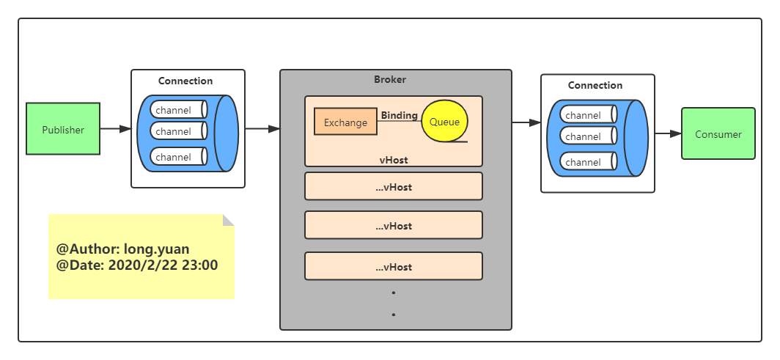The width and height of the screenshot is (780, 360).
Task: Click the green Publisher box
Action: coord(63,129)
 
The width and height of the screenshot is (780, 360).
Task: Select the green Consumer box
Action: coord(718,133)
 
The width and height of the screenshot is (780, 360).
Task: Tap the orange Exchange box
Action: coord(345,122)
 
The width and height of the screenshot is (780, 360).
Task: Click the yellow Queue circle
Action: coord(444,121)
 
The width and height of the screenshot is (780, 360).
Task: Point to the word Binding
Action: coord(399,115)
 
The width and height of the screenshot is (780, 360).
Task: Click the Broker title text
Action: coord(389,79)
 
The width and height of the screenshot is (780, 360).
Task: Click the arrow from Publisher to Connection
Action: coord(115,129)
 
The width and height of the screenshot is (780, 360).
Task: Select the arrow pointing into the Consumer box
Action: coord(668,133)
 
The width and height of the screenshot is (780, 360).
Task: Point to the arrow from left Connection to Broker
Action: coord(262,129)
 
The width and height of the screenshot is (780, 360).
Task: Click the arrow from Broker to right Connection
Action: coord(526,123)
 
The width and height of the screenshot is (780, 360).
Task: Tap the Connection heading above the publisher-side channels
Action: coord(185,81)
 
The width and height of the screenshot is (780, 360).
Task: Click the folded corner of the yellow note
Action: coord(228,220)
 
